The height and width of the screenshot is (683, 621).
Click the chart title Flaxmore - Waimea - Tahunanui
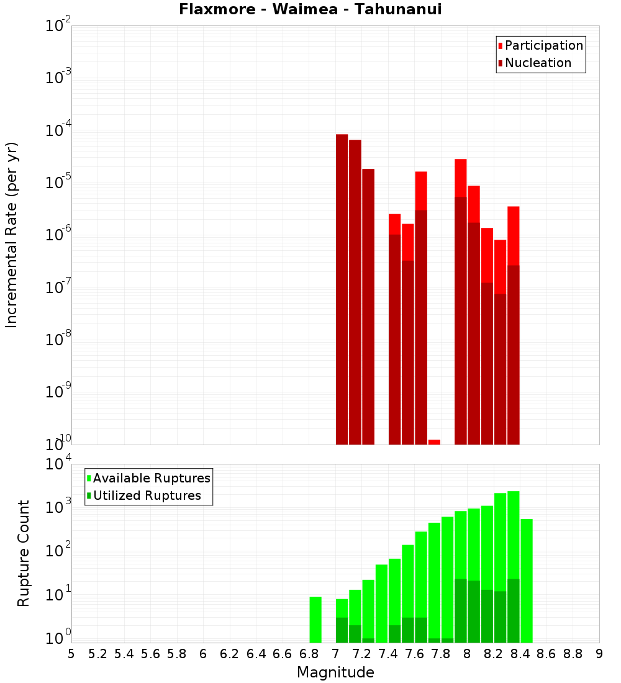coord(310,10)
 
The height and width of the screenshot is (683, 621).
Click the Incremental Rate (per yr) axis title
coord(12,235)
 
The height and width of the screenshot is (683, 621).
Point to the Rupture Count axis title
coord(24,553)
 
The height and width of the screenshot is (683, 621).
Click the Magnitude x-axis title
coord(335,672)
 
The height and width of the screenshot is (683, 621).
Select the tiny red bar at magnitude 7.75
coord(434,441)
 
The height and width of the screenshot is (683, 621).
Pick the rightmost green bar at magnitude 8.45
coord(527,581)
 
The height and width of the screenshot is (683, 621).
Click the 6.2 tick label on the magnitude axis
coord(230,654)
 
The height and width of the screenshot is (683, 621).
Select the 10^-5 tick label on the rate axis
coord(58,183)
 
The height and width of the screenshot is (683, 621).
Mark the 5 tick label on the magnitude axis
coord(71,654)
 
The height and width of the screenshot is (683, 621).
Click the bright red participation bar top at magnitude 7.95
coord(460,178)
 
